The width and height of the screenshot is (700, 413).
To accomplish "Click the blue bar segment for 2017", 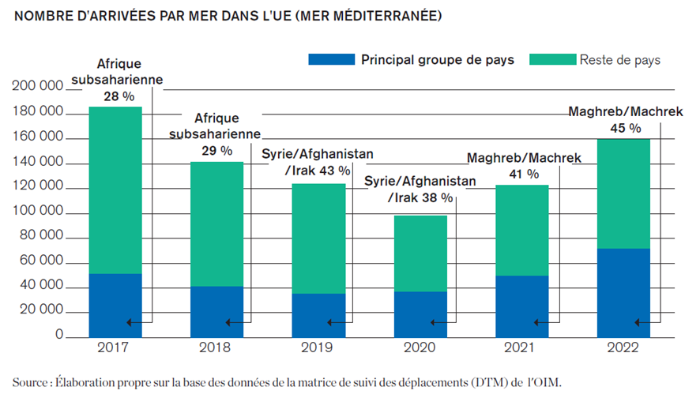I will (x=115, y=305).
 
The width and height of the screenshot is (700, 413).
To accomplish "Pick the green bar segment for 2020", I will (x=420, y=253).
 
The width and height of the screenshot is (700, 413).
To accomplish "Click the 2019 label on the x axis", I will (x=319, y=348).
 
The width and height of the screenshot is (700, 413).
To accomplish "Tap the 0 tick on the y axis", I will (x=58, y=336).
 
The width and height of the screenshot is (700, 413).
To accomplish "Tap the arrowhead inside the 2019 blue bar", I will (x=331, y=322).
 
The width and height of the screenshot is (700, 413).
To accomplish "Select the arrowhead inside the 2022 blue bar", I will (x=638, y=322).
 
